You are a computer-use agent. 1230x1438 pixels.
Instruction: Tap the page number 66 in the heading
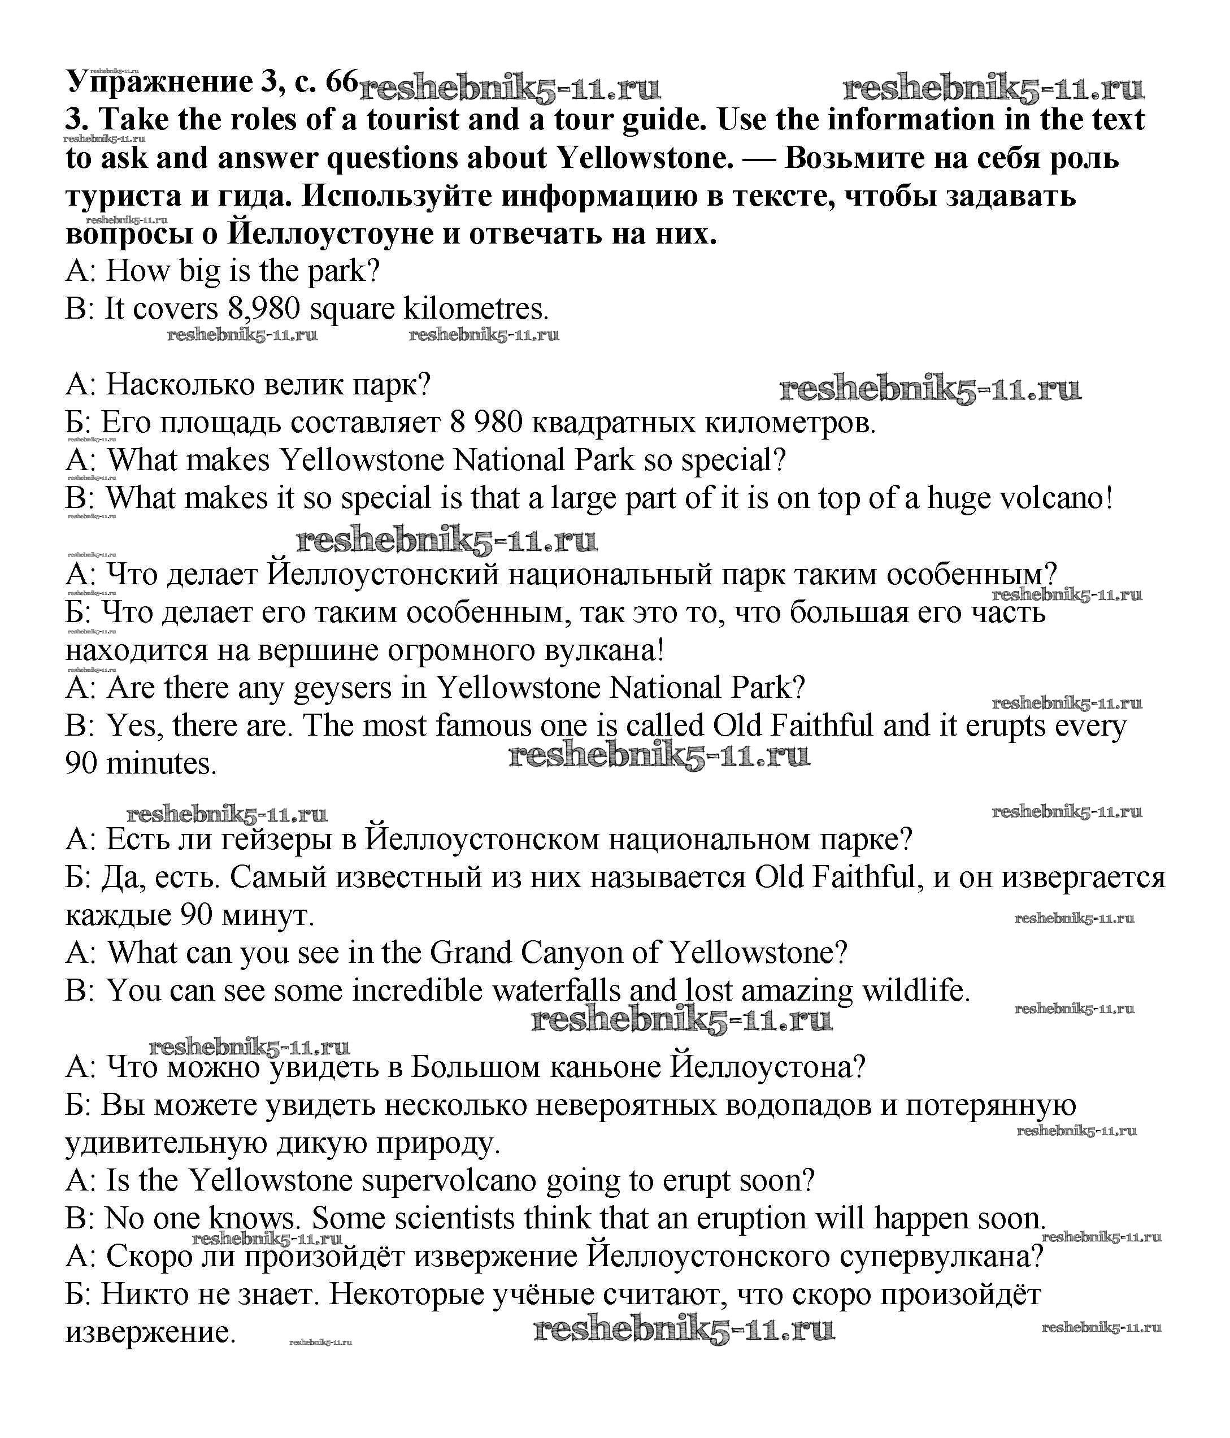tap(341, 82)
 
